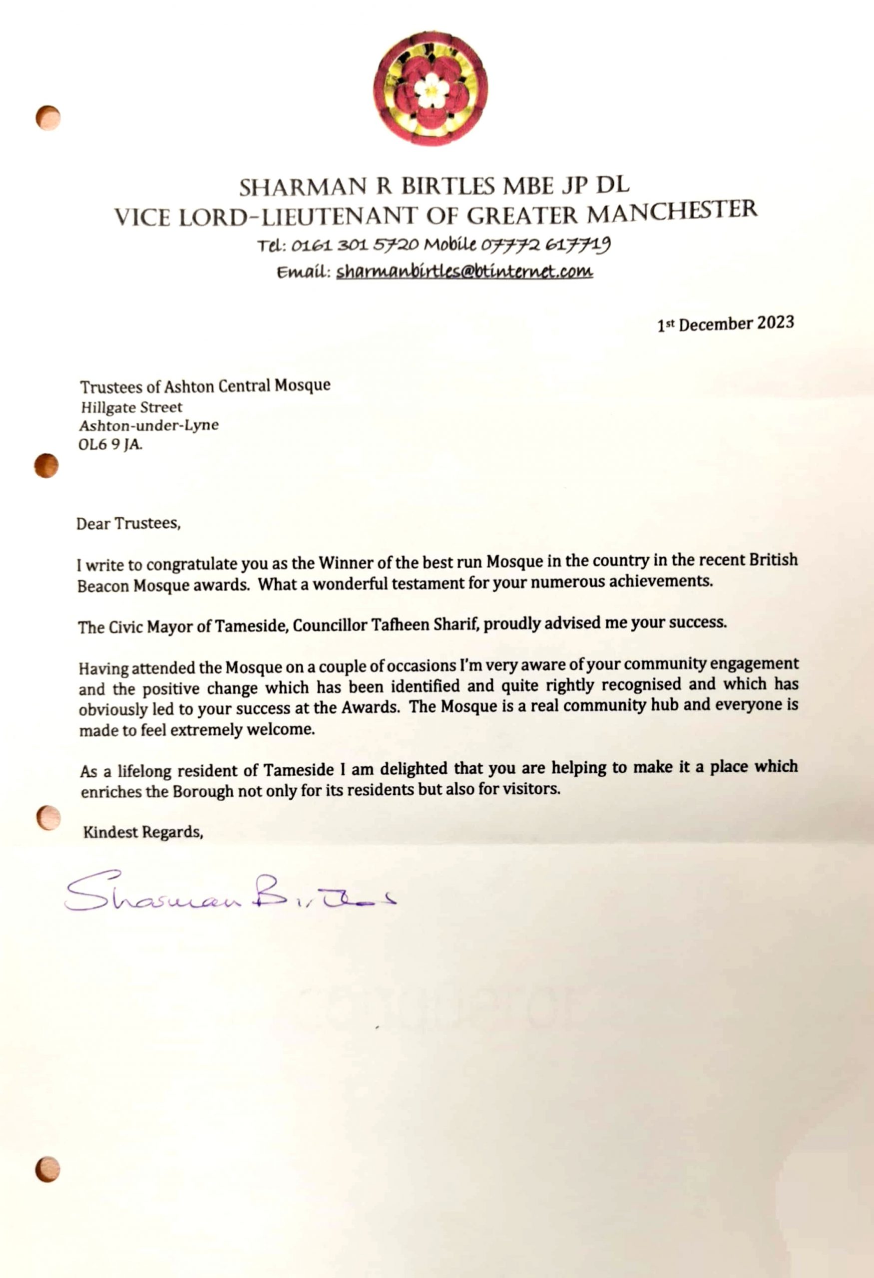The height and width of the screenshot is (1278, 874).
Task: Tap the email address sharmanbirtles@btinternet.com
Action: [464, 271]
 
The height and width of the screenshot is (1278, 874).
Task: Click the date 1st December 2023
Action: [726, 324]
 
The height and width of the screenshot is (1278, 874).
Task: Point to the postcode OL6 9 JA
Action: [110, 444]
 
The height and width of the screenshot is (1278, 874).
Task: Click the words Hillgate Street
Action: [131, 407]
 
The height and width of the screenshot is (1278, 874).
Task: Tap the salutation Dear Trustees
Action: [129, 523]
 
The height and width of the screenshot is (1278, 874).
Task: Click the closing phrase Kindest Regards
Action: [143, 832]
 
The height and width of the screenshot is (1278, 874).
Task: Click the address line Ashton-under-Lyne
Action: [148, 425]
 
